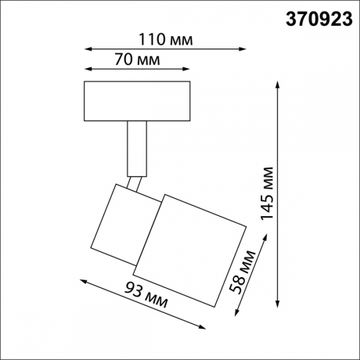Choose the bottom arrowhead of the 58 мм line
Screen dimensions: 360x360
(238, 316)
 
